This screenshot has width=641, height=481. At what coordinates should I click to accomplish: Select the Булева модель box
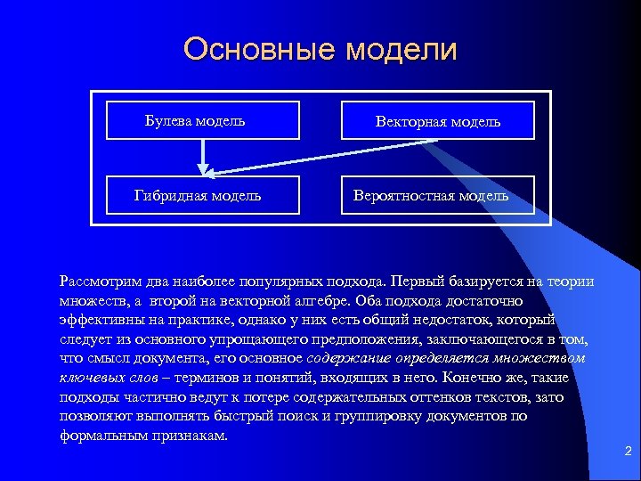(202, 121)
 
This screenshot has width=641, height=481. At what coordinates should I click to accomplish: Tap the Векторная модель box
(438, 121)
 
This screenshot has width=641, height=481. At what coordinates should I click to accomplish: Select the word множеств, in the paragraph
(90, 301)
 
